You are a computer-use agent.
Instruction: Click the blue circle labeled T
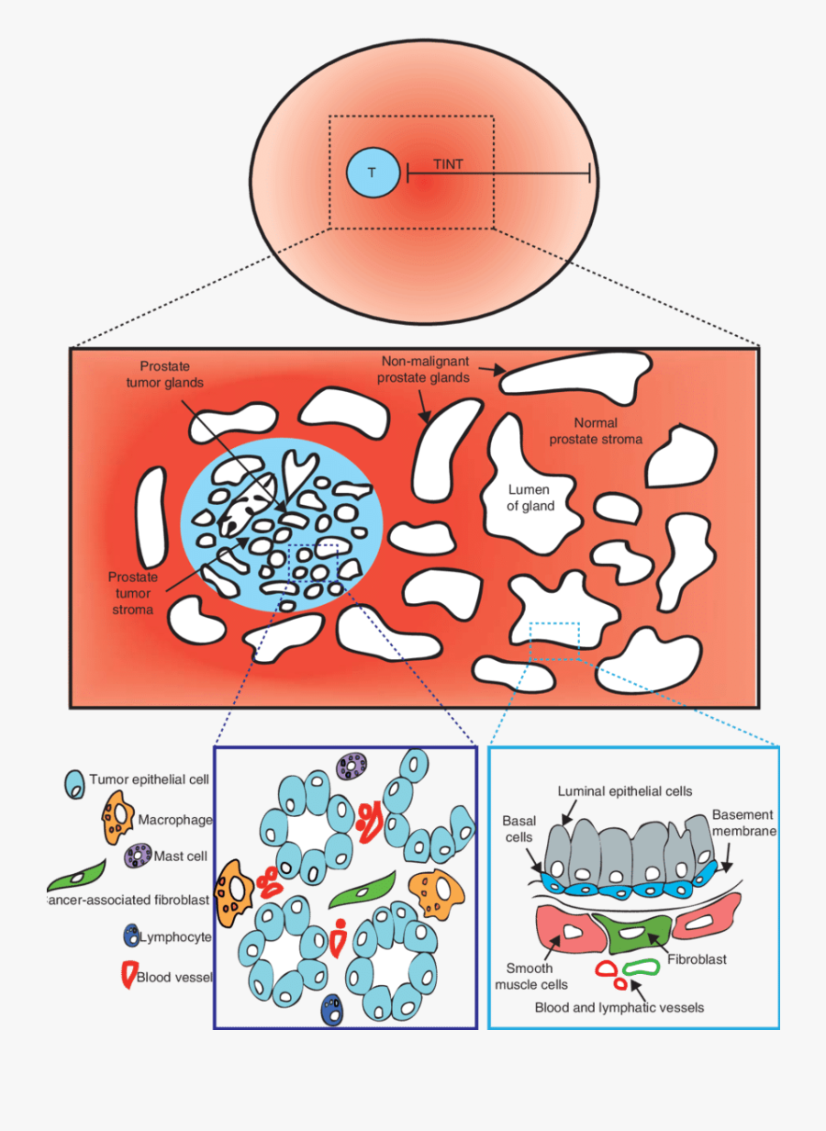(372, 173)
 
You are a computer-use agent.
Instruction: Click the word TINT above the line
(448, 164)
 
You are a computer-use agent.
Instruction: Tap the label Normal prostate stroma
(596, 431)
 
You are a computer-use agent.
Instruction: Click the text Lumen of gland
(531, 498)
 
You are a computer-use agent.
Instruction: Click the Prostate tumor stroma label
(132, 593)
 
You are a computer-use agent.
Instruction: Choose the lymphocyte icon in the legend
(130, 936)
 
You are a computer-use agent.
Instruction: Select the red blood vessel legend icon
(128, 975)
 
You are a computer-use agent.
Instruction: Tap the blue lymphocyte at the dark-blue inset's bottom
(334, 1009)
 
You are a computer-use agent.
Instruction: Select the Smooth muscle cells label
(530, 976)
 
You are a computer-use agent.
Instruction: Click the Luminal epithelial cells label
(624, 790)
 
